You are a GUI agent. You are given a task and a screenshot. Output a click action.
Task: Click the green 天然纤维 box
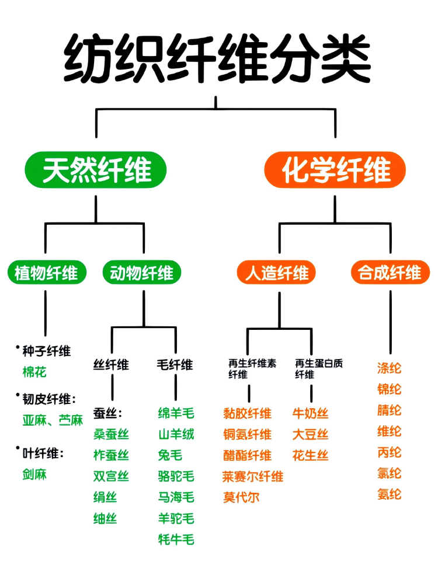(96, 170)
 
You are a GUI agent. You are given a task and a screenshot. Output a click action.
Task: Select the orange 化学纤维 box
(335, 170)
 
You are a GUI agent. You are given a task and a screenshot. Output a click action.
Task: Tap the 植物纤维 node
(46, 273)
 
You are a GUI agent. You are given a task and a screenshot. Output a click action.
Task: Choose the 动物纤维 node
(142, 273)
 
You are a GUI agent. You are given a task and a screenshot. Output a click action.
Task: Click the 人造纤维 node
(277, 273)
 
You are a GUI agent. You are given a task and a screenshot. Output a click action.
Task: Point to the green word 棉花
(34, 372)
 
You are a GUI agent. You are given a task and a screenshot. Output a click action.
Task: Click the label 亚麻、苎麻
(53, 420)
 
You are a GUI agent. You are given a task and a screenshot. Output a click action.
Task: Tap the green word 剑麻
(34, 474)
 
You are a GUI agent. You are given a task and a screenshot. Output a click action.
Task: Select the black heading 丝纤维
(111, 365)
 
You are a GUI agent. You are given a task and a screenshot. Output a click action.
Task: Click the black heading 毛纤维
(175, 365)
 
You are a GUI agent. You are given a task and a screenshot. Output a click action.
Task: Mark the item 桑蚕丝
(111, 434)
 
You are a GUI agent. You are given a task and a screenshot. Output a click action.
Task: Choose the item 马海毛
(176, 497)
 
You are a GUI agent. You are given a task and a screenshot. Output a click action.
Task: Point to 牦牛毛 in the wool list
(176, 539)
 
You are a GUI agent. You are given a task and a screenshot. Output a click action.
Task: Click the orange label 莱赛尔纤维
(253, 476)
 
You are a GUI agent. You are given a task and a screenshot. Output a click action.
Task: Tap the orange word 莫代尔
(241, 497)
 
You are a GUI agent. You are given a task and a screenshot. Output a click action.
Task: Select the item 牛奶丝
(310, 414)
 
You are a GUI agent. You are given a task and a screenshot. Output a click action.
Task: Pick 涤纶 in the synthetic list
(390, 368)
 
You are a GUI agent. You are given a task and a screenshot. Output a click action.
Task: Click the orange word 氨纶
(390, 495)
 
